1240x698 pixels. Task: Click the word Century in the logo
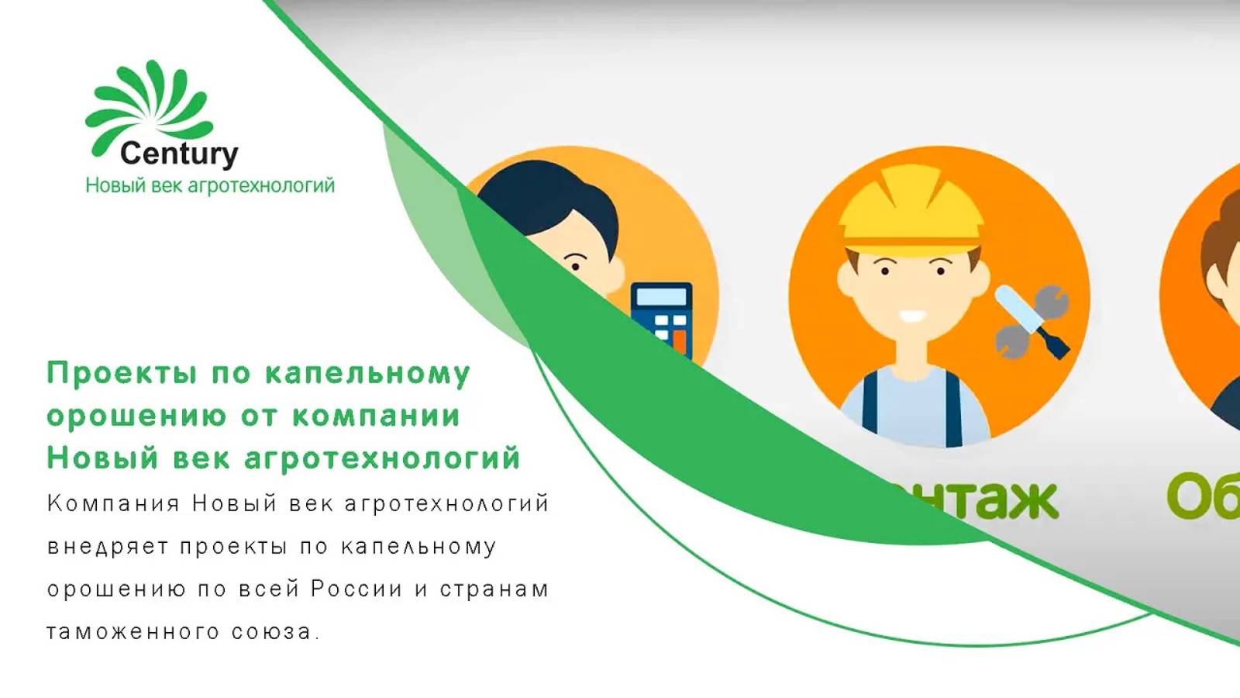tap(179, 154)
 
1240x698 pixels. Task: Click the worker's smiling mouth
tap(912, 316)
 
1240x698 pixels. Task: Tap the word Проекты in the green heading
tap(122, 374)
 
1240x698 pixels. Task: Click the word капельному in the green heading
tap(367, 374)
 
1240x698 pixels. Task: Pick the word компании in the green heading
tap(376, 416)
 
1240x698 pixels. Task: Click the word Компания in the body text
tap(113, 504)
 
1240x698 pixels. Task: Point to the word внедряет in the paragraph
tap(108, 547)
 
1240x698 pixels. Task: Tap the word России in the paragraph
tap(356, 589)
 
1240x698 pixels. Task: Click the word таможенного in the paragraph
tap(133, 632)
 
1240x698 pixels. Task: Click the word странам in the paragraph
tap(494, 589)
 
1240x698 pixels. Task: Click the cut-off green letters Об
tap(1201, 496)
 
